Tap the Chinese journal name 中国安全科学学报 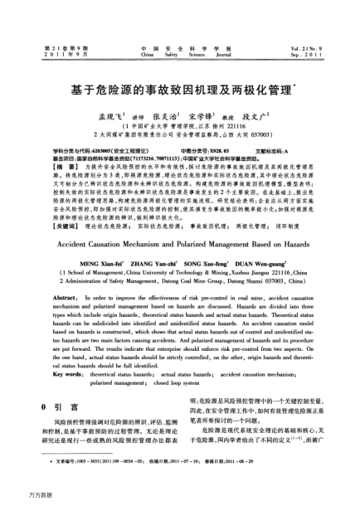point(178,27)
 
